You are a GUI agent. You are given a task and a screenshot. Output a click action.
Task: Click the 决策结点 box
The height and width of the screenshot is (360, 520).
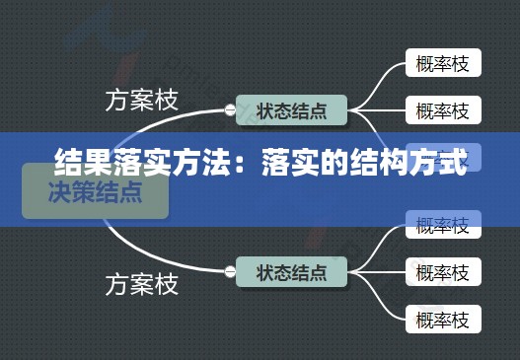pyautogui.click(x=95, y=192)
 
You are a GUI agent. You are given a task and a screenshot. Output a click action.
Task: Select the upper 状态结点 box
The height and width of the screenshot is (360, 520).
pyautogui.click(x=291, y=108)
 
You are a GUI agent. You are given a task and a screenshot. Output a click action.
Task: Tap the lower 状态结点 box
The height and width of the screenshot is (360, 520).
pyautogui.click(x=291, y=269)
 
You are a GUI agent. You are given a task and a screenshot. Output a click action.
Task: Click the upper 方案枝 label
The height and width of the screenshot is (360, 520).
pyautogui.click(x=142, y=101)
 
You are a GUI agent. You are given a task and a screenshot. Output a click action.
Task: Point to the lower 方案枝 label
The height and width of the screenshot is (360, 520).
pyautogui.click(x=142, y=285)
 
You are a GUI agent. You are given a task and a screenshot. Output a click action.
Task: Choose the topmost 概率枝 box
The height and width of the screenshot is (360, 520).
pyautogui.click(x=443, y=64)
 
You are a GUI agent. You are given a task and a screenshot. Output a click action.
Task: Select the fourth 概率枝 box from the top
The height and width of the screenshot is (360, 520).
pyautogui.click(x=443, y=225)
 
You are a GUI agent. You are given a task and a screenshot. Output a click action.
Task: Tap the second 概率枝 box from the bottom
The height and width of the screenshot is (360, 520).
pyautogui.click(x=443, y=269)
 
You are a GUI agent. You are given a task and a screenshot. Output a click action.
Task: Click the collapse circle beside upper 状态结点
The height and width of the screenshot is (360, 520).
pyautogui.click(x=230, y=109)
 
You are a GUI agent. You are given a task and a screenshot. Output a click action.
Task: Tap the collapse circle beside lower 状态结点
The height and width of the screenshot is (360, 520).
pyautogui.click(x=230, y=270)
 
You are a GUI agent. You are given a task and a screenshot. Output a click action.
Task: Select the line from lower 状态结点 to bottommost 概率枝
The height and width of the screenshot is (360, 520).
pyautogui.click(x=380, y=304)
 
